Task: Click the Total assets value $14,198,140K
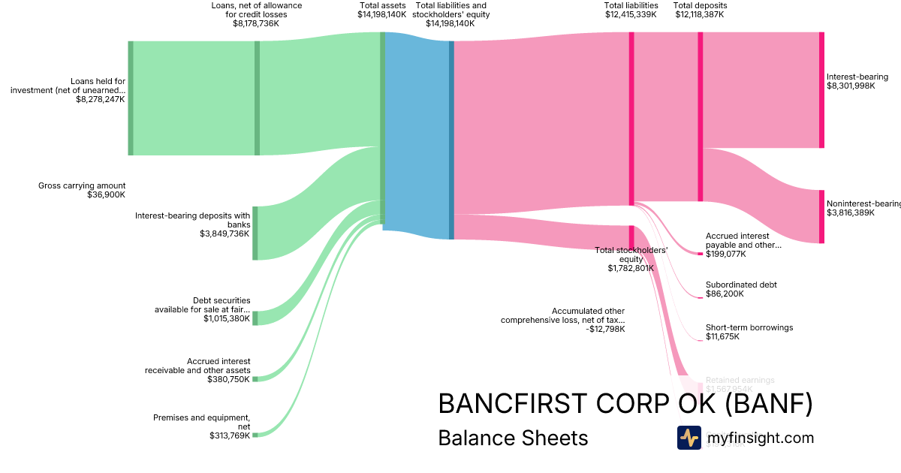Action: (x=381, y=14)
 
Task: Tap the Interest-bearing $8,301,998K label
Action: (x=857, y=82)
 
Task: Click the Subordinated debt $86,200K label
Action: (x=741, y=289)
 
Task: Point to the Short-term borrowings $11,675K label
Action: (x=749, y=332)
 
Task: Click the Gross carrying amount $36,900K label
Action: (x=82, y=190)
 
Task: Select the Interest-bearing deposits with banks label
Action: (x=193, y=224)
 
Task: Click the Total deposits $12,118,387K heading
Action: (x=700, y=10)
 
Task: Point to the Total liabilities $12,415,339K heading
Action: (x=631, y=10)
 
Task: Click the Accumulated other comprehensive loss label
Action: (x=563, y=320)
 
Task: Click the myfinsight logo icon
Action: (x=689, y=438)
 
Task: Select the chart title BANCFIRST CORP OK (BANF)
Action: (x=625, y=404)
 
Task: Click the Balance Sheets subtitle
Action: (x=513, y=438)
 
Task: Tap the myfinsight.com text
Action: (x=760, y=438)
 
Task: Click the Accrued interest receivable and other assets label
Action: (x=198, y=370)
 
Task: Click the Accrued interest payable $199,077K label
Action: (x=743, y=245)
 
